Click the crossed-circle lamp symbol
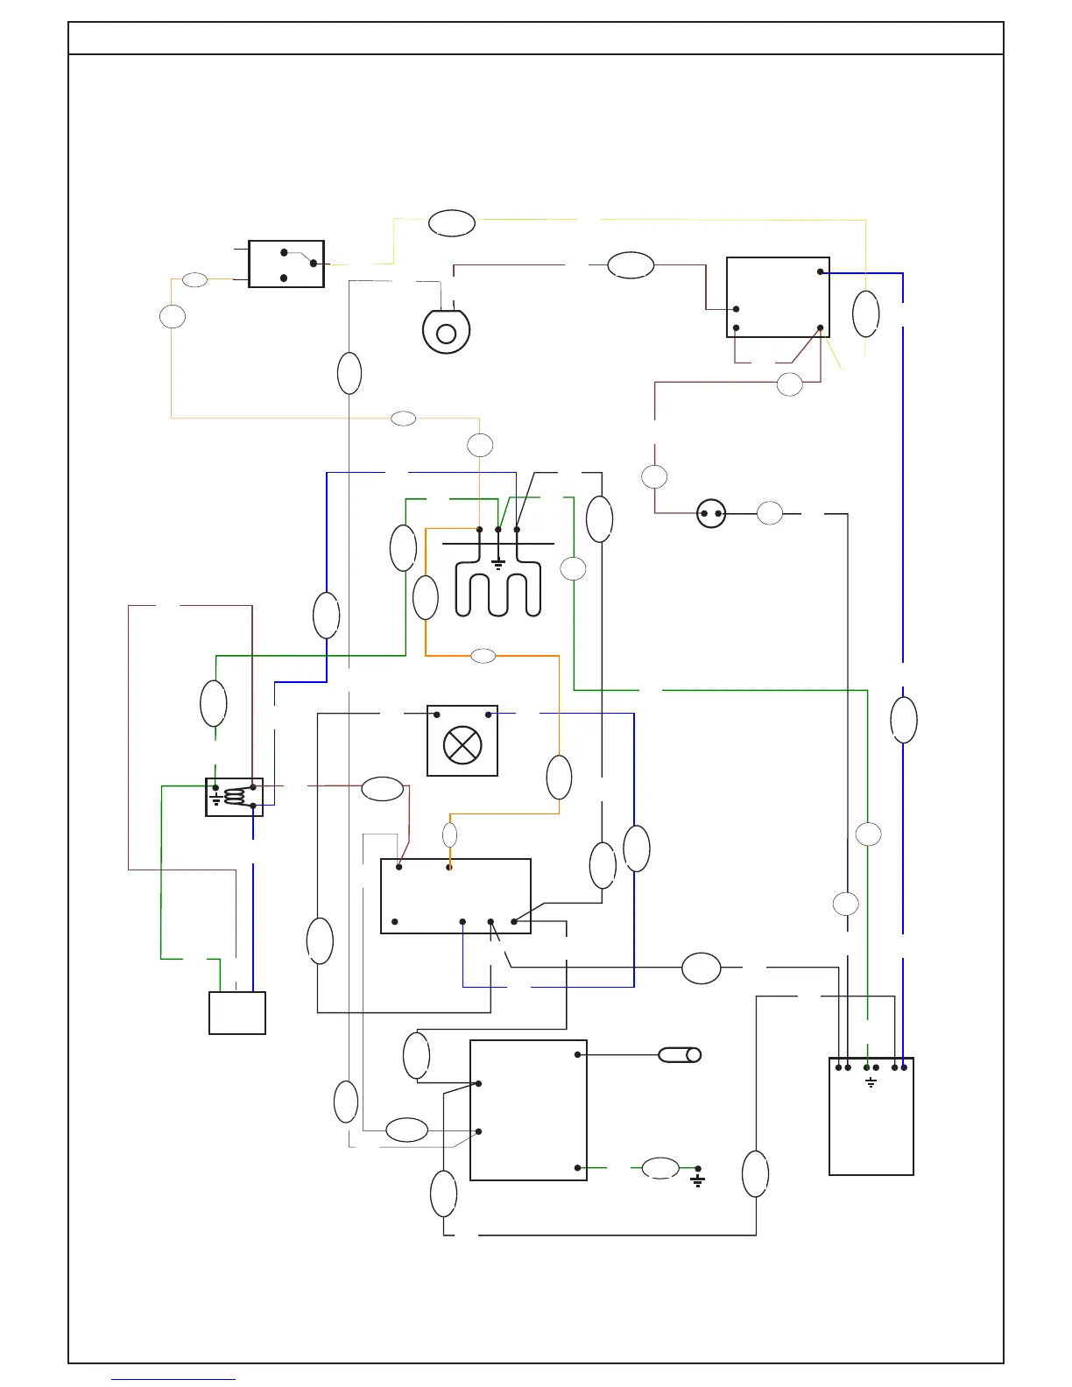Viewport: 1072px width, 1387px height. pyautogui.click(x=462, y=745)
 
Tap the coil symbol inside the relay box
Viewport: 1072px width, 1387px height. pyautogui.click(x=235, y=796)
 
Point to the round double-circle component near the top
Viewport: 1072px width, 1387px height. pyautogui.click(x=447, y=333)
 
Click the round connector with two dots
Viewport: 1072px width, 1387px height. pyautogui.click(x=711, y=514)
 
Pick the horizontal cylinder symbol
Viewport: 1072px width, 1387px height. pyautogui.click(x=680, y=1055)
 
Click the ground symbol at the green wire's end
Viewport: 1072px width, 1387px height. pyautogui.click(x=698, y=1179)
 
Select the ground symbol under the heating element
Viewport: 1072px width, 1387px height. pyautogui.click(x=498, y=564)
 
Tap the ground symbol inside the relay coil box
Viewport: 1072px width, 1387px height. pyautogui.click(x=216, y=799)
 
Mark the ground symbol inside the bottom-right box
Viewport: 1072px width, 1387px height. pyautogui.click(x=871, y=1083)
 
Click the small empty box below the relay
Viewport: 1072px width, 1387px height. pyautogui.click(x=237, y=1013)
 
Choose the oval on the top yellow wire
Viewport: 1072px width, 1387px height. pyautogui.click(x=452, y=223)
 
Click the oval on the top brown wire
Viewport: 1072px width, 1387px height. pyautogui.click(x=631, y=264)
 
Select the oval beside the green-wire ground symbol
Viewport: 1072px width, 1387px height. pyautogui.click(x=660, y=1168)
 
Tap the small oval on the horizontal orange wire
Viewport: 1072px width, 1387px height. pyautogui.click(x=483, y=656)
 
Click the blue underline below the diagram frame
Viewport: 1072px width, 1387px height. pyautogui.click(x=173, y=1380)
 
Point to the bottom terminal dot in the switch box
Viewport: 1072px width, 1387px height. pyautogui.click(x=284, y=278)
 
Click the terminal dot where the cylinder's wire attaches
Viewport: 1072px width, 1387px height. pyautogui.click(x=577, y=1054)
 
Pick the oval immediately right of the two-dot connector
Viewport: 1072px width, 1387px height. pyautogui.click(x=770, y=514)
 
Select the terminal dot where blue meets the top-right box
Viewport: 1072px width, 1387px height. pyautogui.click(x=820, y=271)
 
